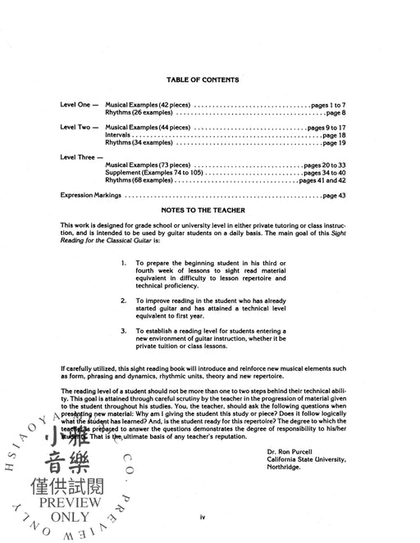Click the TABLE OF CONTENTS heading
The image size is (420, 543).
tap(202, 79)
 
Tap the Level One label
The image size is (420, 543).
tap(80, 106)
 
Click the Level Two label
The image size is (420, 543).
tap(80, 128)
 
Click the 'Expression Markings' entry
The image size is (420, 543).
tap(91, 196)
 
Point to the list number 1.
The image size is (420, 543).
tap(123, 263)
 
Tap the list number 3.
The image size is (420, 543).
tap(123, 330)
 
